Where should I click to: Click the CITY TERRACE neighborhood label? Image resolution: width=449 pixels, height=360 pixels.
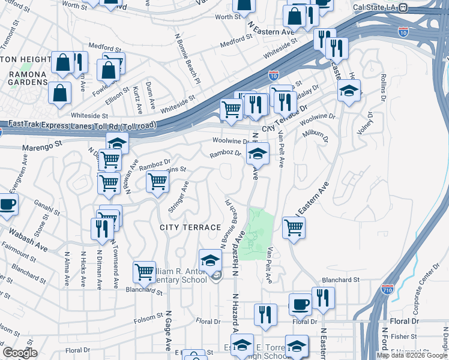tap(190, 227)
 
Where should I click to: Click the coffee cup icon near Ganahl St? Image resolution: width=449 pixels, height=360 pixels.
tap(7, 204)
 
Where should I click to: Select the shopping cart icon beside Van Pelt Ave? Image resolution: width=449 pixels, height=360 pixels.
tap(294, 227)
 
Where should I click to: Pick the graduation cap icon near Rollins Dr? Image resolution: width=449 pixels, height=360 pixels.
tap(349, 91)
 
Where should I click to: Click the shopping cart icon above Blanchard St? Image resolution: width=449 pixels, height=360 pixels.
tap(144, 272)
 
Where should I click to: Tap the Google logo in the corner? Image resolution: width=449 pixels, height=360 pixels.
tap(20, 353)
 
